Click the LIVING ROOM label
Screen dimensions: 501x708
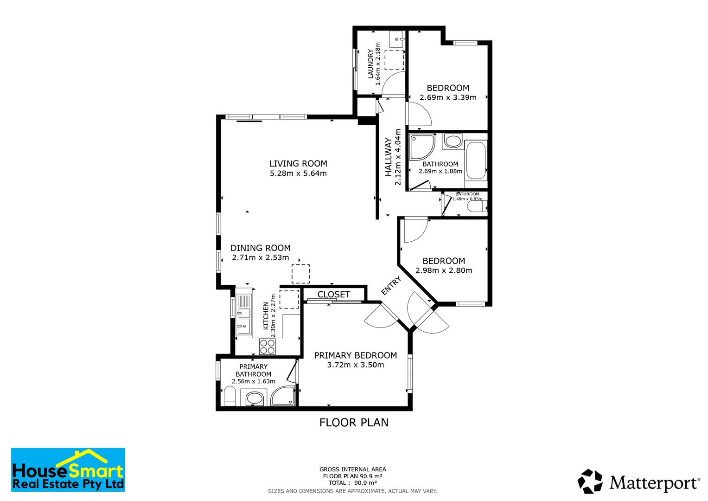pyautogui.click(x=298, y=164)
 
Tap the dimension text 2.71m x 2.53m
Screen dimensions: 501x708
pyautogui.click(x=261, y=258)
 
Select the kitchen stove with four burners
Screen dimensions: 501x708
pyautogui.click(x=268, y=346)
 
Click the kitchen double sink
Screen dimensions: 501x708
pyautogui.click(x=243, y=314)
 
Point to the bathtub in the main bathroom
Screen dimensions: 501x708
pyautogui.click(x=476, y=161)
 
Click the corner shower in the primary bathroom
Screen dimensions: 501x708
pyautogui.click(x=283, y=396)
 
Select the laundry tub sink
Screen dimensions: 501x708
pyautogui.click(x=396, y=39)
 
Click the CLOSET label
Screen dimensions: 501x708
pyautogui.click(x=333, y=295)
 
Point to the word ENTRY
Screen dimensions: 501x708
pyautogui.click(x=390, y=286)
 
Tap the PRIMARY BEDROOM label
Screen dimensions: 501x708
pyautogui.click(x=355, y=355)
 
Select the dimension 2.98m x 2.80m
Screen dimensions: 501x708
pyautogui.click(x=444, y=271)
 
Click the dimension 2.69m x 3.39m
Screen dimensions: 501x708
pyautogui.click(x=448, y=98)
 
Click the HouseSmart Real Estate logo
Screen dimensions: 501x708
pyautogui.click(x=68, y=469)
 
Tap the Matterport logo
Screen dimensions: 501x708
pyautogui.click(x=638, y=482)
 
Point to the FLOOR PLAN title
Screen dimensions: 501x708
pyautogui.click(x=354, y=423)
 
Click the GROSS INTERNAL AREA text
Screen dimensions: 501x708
pyautogui.click(x=352, y=469)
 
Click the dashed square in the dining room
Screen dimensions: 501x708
pyautogui.click(x=300, y=274)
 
